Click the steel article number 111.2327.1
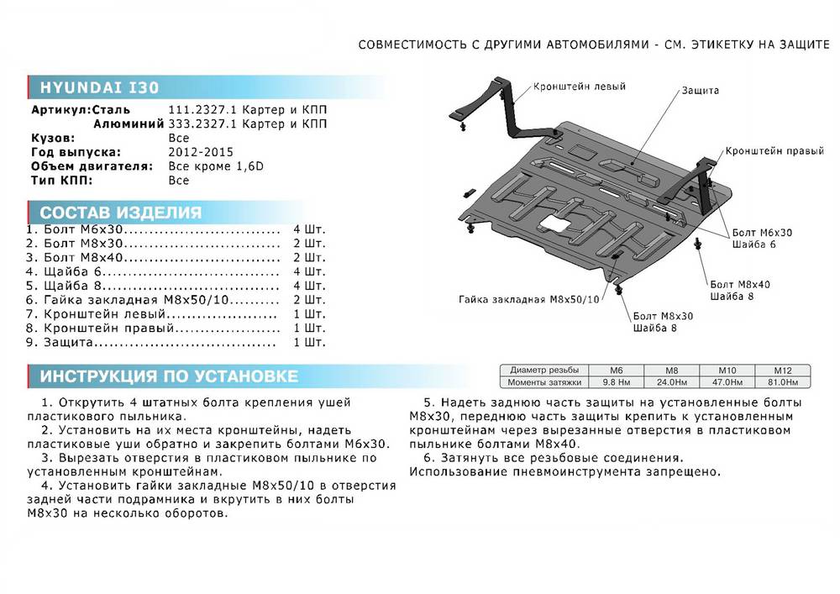pos(198,110)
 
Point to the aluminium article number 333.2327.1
pos(198,124)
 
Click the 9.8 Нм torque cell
pos(617,382)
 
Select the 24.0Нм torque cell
pos(671,382)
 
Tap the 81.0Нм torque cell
pos(781,382)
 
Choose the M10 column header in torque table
pos(727,371)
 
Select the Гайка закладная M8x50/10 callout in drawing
pos(530,299)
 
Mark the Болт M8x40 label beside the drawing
pos(740,284)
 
